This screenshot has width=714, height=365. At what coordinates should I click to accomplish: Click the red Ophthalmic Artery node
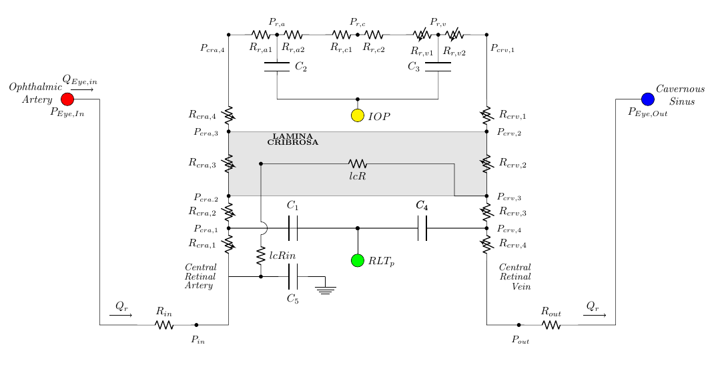pyautogui.click(x=67, y=99)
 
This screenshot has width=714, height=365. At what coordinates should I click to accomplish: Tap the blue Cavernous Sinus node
pyautogui.click(x=647, y=99)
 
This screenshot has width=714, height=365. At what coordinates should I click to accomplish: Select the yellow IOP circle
pyautogui.click(x=358, y=115)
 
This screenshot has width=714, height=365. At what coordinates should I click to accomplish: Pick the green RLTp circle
pyautogui.click(x=358, y=260)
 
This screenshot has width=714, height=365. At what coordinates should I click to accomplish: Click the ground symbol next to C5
pyautogui.click(x=325, y=290)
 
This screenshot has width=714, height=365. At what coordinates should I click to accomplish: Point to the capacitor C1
pyautogui.click(x=293, y=228)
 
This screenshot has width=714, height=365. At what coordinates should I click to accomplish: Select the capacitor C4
pyautogui.click(x=422, y=228)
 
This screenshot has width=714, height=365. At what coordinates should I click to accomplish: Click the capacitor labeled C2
pyautogui.click(x=277, y=67)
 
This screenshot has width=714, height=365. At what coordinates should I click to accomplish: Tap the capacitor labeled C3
pyautogui.click(x=438, y=67)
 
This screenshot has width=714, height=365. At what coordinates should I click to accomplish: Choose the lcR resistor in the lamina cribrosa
pyautogui.click(x=358, y=163)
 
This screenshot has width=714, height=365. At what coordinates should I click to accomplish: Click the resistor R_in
pyautogui.click(x=164, y=325)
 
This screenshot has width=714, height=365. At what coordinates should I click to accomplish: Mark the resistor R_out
pyautogui.click(x=551, y=325)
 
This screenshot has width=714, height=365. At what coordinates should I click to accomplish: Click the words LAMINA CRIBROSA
pyautogui.click(x=293, y=139)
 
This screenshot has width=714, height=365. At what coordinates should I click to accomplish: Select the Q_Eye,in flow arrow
pyautogui.click(x=82, y=89)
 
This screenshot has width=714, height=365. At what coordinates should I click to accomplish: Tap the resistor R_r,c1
pyautogui.click(x=341, y=35)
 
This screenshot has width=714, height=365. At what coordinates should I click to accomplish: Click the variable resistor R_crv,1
pyautogui.click(x=486, y=115)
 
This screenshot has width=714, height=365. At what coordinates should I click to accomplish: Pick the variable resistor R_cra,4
pyautogui.click(x=229, y=115)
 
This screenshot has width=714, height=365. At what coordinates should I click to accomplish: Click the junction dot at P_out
pyautogui.click(x=518, y=325)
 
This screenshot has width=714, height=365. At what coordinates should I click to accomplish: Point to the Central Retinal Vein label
pyautogui.click(x=515, y=277)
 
